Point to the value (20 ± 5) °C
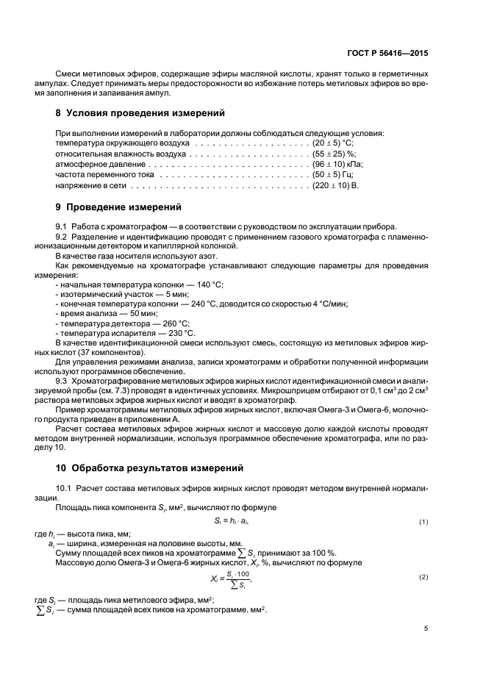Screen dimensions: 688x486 click(x=333, y=141)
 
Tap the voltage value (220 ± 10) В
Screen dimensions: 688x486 click(x=335, y=187)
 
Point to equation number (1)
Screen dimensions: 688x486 click(x=424, y=521)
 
